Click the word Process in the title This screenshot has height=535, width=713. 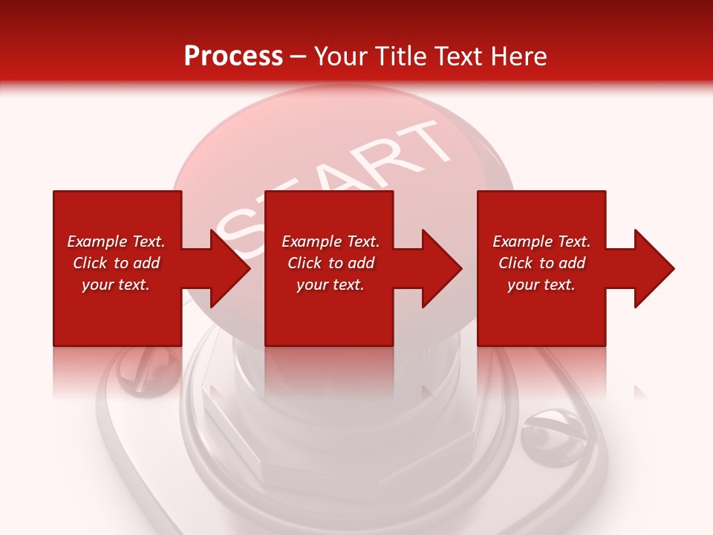click(233, 56)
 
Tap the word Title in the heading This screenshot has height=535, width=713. click(402, 56)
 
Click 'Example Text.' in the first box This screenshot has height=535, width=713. click(116, 241)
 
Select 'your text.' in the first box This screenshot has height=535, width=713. click(116, 285)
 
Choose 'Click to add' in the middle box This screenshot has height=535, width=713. click(331, 263)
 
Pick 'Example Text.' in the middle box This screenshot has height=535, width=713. click(331, 241)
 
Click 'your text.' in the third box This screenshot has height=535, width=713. click(541, 285)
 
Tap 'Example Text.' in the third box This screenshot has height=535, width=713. click(541, 241)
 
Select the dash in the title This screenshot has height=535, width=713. click(299, 56)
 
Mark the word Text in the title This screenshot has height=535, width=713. click(460, 56)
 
